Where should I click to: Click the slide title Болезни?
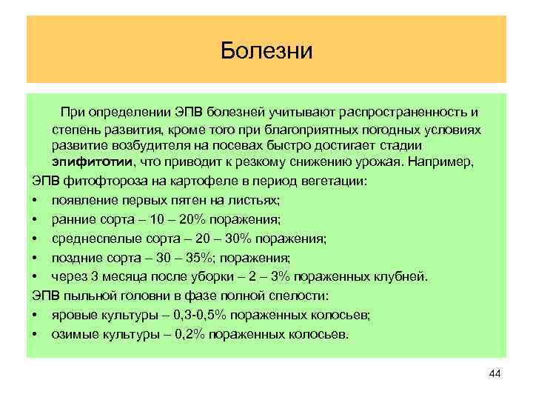click(x=267, y=51)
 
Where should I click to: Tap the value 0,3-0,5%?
click(x=200, y=316)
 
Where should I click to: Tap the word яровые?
click(x=71, y=316)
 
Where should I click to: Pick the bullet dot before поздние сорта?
click(x=36, y=258)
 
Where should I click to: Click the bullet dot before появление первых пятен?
click(x=36, y=200)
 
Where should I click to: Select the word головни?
click(x=121, y=296)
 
